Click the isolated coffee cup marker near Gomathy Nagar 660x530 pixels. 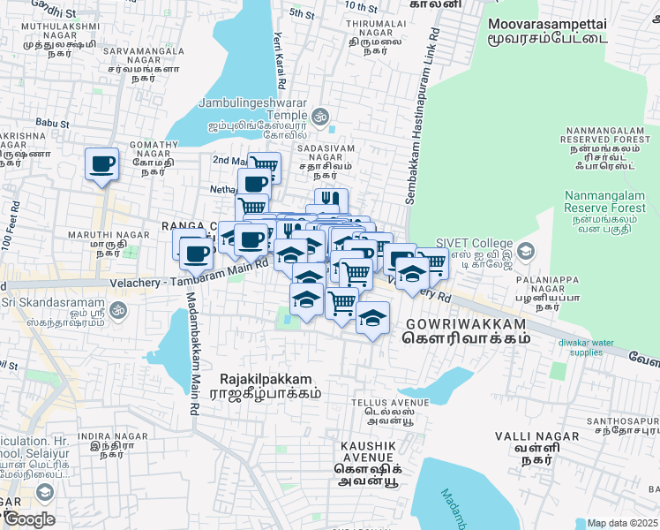pyautogui.click(x=101, y=163)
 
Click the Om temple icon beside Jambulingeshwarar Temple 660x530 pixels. pyautogui.click(x=319, y=116)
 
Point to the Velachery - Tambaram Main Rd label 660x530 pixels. pyautogui.click(x=190, y=274)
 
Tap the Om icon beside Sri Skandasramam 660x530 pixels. pyautogui.click(x=118, y=309)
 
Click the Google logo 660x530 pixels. pyautogui.click(x=29, y=519)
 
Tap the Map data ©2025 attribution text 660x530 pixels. pyautogui.click(x=622, y=523)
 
